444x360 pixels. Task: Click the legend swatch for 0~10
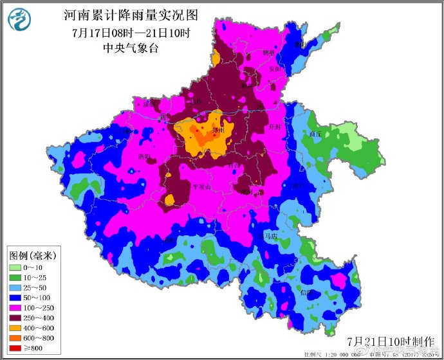click(x=15, y=267)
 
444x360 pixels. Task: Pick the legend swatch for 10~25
click(x=15, y=277)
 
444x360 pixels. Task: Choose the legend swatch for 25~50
click(x=15, y=287)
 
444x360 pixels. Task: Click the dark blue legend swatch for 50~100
click(x=15, y=298)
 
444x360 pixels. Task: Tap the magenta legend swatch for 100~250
click(x=15, y=308)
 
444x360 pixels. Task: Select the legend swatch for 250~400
click(x=15, y=318)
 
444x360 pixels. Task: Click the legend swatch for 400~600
click(x=15, y=328)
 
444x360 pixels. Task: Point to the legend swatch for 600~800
click(x=15, y=339)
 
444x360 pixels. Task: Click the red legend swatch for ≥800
click(x=15, y=349)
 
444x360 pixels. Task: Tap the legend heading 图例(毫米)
click(x=32, y=255)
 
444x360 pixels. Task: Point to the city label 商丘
click(x=315, y=134)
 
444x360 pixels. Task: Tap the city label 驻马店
click(x=266, y=237)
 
